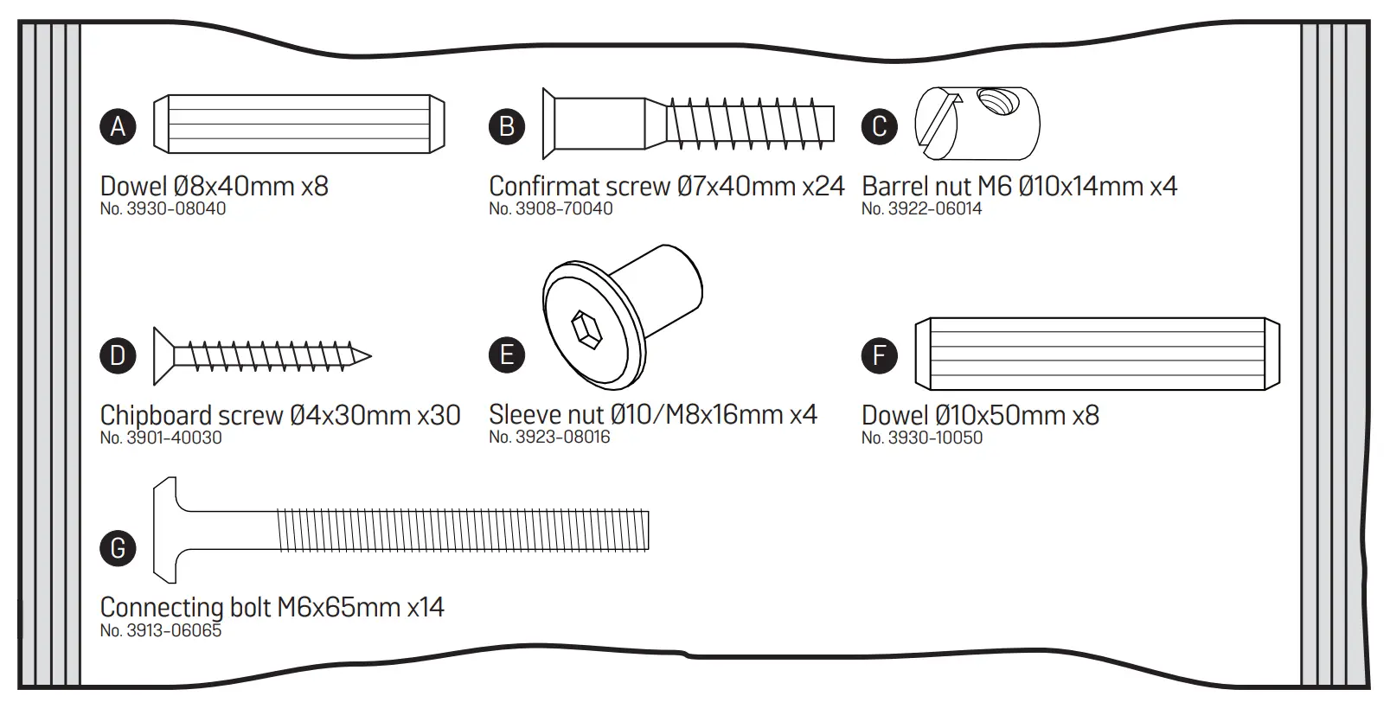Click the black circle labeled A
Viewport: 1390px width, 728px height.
click(x=118, y=126)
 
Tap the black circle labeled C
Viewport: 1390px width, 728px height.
click(x=879, y=126)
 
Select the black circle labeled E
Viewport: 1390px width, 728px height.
click(x=507, y=354)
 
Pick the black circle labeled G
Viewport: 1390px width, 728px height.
click(x=118, y=547)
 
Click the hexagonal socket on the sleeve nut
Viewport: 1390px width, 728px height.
click(x=587, y=330)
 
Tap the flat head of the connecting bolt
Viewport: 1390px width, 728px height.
click(x=165, y=529)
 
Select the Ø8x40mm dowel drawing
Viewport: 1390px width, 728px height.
click(x=298, y=124)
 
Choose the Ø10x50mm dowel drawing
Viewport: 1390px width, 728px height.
click(x=1097, y=354)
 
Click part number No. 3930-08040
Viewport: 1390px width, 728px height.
click(x=163, y=209)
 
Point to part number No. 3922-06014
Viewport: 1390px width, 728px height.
click(x=921, y=209)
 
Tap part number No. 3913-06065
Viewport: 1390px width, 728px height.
click(x=160, y=631)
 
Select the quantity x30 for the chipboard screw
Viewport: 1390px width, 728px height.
click(x=439, y=415)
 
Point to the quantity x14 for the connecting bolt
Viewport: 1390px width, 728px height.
click(x=425, y=607)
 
